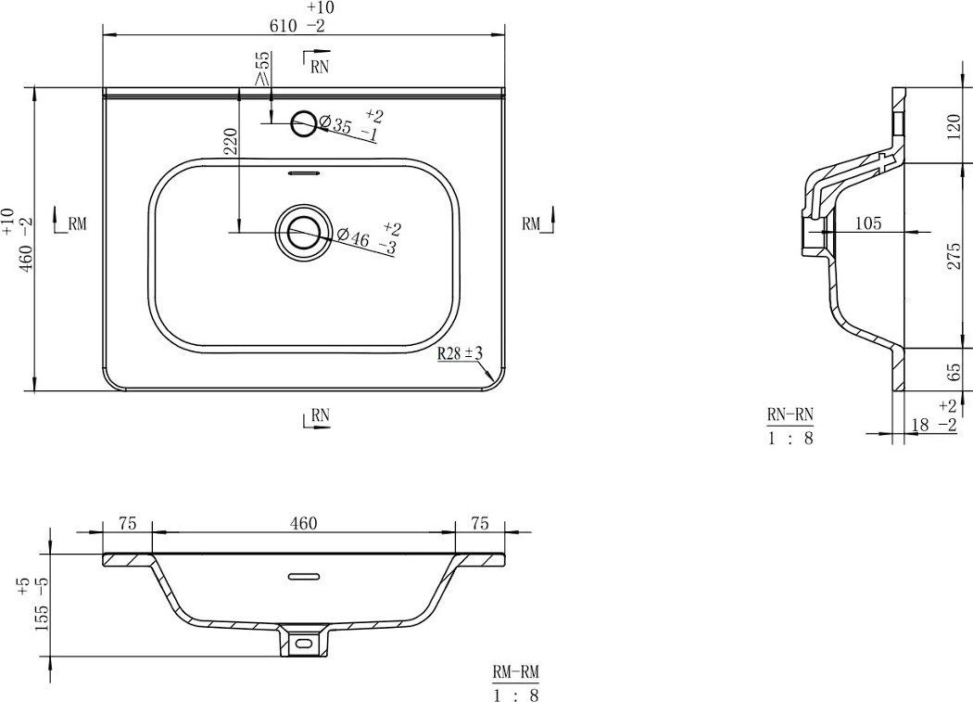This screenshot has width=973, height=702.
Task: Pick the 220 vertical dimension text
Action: coord(230,141)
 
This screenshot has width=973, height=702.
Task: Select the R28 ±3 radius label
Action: coord(460,353)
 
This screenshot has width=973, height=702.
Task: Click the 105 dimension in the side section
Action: coord(868,223)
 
